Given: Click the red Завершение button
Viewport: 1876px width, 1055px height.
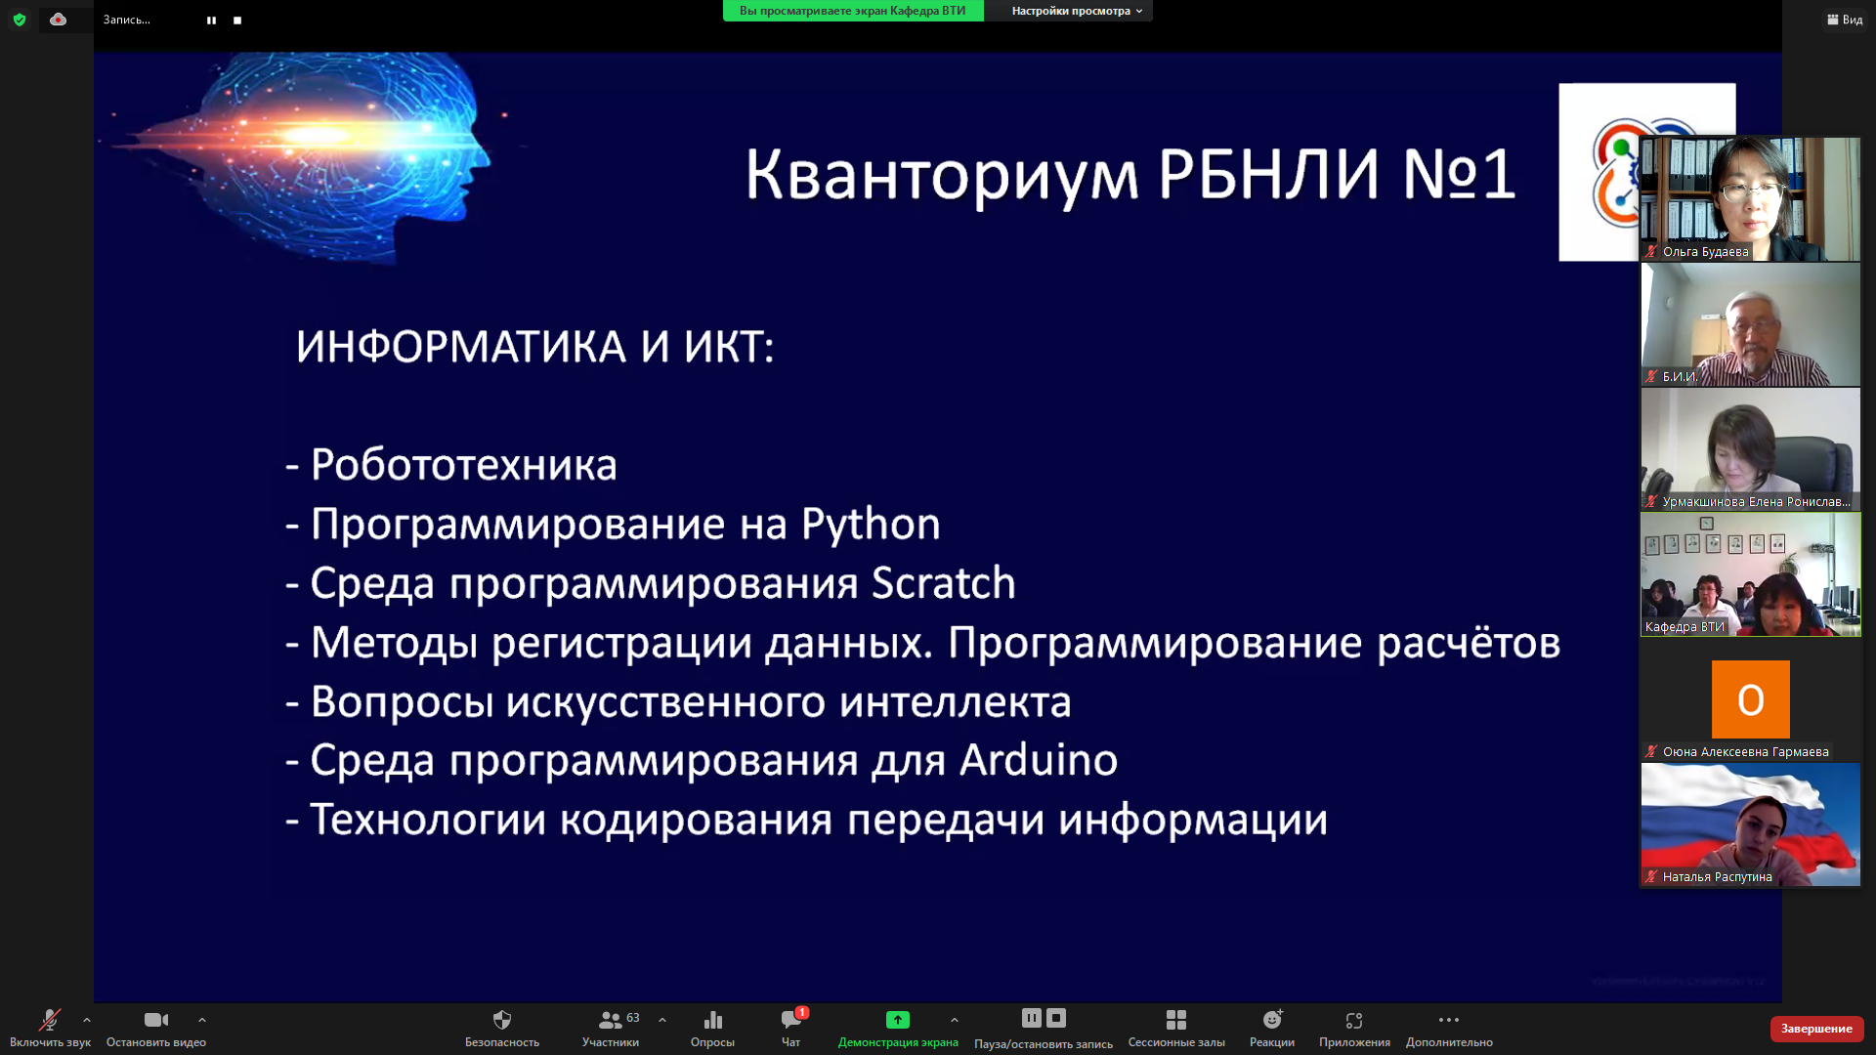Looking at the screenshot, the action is (1816, 1029).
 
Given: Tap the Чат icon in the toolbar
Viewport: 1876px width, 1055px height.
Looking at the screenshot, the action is (791, 1020).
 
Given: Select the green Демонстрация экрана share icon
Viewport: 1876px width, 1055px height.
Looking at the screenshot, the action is (898, 1020).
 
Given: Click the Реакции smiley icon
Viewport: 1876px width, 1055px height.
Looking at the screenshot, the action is (1272, 1020).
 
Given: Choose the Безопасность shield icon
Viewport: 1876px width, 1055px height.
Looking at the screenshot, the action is (502, 1020).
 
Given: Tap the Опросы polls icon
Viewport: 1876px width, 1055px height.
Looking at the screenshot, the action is (713, 1020).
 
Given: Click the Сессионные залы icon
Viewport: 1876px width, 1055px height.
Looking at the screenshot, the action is (1176, 1020).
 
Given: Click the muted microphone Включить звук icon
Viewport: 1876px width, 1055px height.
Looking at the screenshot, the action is (49, 1020).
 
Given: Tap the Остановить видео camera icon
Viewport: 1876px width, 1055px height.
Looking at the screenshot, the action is (156, 1020).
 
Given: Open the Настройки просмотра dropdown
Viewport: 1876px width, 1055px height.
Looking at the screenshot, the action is (1077, 11).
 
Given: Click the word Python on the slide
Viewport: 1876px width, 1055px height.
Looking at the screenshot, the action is (871, 525).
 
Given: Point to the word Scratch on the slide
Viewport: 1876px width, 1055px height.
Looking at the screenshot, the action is (943, 583).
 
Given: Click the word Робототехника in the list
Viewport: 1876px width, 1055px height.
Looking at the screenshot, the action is (464, 465).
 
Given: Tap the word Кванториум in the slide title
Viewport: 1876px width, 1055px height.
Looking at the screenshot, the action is (942, 176).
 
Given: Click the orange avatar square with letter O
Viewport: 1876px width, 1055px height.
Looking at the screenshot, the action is (1751, 699).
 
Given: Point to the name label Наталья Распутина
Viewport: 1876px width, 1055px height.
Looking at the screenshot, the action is (1718, 877).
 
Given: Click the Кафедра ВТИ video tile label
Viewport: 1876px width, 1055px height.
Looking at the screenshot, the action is (1684, 627).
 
